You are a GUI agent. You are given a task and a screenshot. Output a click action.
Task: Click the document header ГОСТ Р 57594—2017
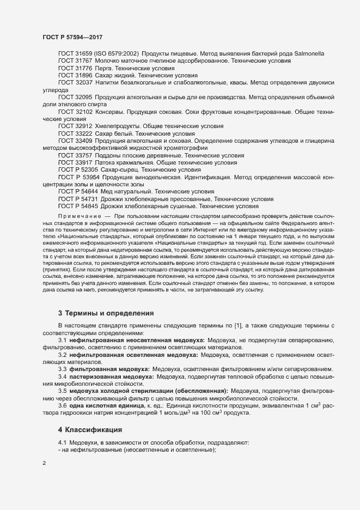point(72,37)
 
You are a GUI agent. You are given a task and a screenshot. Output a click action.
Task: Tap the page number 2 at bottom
point(44,464)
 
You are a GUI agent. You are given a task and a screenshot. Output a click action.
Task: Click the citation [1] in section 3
point(237,326)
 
